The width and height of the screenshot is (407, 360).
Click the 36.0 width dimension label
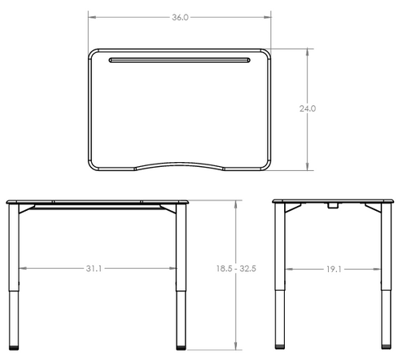pos(181,16)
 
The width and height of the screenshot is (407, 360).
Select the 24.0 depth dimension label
pos(308,108)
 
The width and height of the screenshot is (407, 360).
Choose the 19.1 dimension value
pos(333,268)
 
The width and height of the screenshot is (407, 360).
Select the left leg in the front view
pos(14,277)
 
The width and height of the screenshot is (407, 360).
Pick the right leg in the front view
pos(182,277)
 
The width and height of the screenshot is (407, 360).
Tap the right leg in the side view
pos(385,277)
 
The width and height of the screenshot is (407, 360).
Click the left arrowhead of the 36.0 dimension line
pos(90,16)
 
